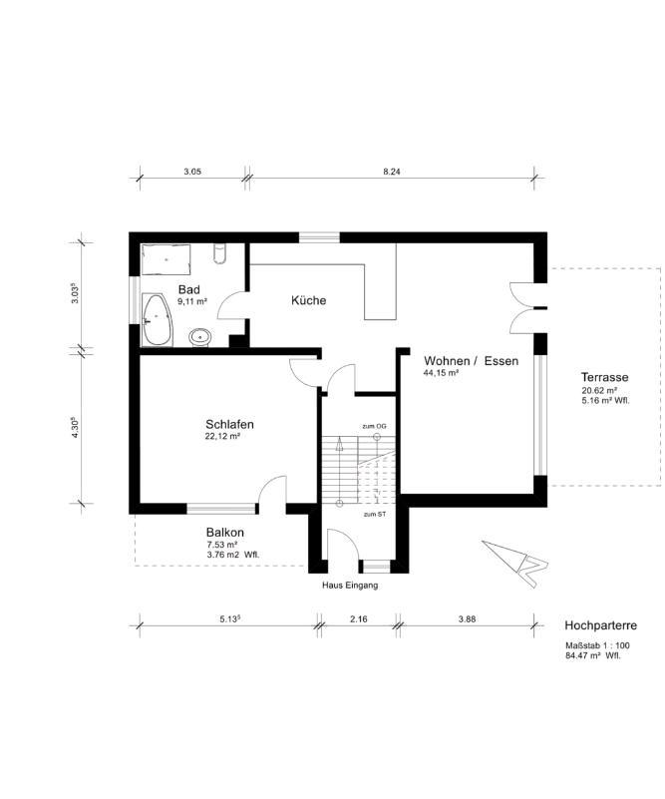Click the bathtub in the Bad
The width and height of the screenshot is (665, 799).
coord(157,320)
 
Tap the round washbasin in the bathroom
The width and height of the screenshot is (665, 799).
coord(200,337)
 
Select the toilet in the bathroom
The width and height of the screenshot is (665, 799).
coord(219,253)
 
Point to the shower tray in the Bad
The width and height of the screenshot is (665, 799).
coord(166,259)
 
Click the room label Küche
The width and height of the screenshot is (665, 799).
coord(308,300)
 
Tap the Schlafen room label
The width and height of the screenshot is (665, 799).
coord(229,424)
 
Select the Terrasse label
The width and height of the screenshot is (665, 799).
coord(605,378)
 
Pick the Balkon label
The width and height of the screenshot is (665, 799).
coord(225,532)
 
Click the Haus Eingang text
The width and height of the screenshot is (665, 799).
coord(350,586)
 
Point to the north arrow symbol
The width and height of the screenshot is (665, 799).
coord(515,562)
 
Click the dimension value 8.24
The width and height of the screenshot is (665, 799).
coord(392,172)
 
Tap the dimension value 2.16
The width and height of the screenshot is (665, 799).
coord(359,619)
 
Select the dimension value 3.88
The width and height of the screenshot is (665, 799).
coord(467,619)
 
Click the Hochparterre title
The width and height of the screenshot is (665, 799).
coord(601,625)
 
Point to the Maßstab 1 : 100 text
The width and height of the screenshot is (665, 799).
coord(597,645)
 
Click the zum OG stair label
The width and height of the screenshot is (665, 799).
coord(374,426)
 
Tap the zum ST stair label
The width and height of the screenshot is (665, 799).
coord(374,515)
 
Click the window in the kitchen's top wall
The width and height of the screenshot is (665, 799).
coord(319,237)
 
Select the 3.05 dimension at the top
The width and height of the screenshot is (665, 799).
coord(192,172)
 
